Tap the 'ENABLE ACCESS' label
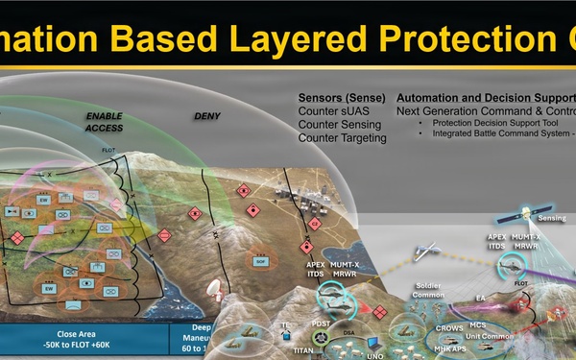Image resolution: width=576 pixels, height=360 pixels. [x=104, y=122]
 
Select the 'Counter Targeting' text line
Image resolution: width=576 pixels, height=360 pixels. [x=343, y=138]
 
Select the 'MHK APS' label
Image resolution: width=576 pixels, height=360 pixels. [x=456, y=348]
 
